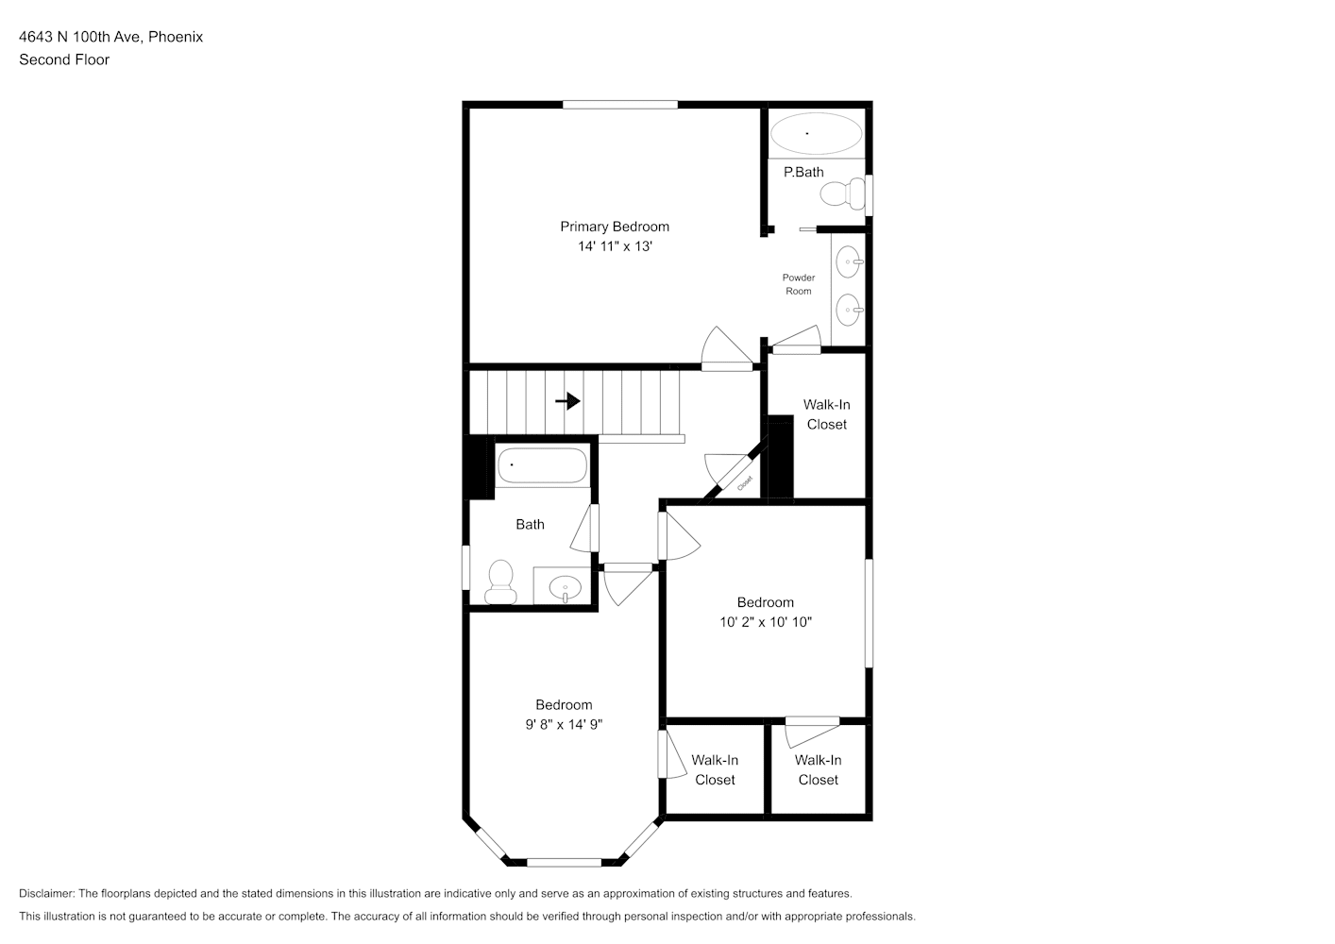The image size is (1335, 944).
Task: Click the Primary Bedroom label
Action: coord(615,227)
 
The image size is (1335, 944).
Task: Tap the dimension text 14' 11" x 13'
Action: coord(615,246)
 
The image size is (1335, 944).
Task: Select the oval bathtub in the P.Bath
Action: coord(816,133)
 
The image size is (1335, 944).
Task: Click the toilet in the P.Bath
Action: coord(843,194)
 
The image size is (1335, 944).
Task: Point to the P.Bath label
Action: coord(803,172)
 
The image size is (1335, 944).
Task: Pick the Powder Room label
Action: coord(799,284)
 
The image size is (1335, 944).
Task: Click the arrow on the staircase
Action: coord(568,401)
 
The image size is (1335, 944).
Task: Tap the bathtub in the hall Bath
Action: coord(542,464)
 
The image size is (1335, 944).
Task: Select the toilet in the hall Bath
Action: coord(500,582)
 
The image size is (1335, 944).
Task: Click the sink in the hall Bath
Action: coord(565,587)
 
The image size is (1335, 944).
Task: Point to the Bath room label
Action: coord(530,525)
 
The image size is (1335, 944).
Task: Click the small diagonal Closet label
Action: coord(745,482)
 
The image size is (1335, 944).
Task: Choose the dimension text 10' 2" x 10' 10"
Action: coord(766,622)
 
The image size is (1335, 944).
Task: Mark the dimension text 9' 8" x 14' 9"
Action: coord(564,725)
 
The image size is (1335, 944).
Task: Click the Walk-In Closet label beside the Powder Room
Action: coord(827,414)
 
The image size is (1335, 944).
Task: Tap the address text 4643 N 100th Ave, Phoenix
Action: coord(110,37)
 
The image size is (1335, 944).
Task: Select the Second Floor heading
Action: coord(64,59)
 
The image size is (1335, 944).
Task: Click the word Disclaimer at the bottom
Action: coord(46,894)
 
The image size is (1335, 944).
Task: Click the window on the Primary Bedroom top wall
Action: coord(619,105)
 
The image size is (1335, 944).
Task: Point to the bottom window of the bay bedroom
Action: coord(564,863)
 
